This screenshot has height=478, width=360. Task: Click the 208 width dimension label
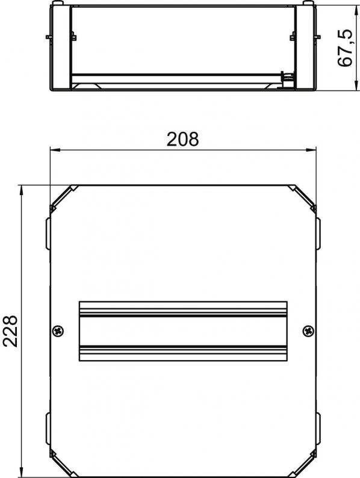pos(182,139)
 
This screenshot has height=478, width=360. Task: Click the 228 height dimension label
pos(10,331)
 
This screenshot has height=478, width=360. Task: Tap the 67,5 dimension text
pos(345,48)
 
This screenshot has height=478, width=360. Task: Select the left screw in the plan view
pos(58,331)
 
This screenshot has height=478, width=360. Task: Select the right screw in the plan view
pos(308,331)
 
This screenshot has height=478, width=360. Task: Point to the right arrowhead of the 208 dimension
pos(311,150)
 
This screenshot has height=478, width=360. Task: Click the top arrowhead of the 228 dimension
pos(21,190)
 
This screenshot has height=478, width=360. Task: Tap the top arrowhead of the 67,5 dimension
pos(356,11)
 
